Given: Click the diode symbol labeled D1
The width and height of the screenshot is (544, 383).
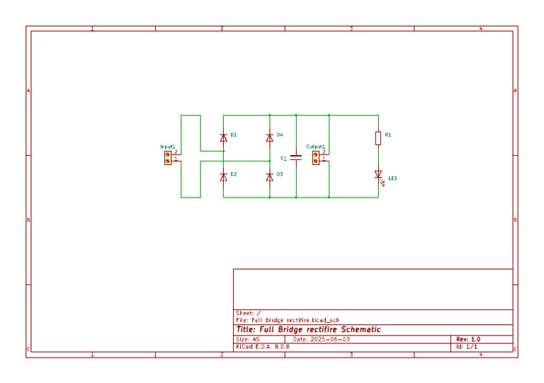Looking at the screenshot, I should tap(224, 137).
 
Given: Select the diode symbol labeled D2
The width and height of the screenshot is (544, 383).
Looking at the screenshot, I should tap(224, 177).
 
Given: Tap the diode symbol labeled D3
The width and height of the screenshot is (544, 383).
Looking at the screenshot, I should tap(269, 177).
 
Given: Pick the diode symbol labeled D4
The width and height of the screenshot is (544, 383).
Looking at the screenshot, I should tap(269, 137).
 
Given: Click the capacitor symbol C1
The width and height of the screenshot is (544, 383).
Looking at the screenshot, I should tap(296, 158).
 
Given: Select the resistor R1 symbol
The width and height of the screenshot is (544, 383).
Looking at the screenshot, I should tap(378, 137).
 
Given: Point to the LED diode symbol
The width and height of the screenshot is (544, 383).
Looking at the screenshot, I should tap(378, 175).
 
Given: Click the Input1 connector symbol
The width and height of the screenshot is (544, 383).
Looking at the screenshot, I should tap(168, 156).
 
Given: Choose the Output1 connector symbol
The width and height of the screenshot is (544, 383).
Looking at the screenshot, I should tap(316, 156).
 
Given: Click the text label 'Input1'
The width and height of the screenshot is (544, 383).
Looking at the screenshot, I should tap(168, 146).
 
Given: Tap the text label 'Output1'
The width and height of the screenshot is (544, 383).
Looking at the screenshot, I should tap(315, 146).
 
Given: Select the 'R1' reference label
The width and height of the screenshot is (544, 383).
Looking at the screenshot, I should tap(388, 135).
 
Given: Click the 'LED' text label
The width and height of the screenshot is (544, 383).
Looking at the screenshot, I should tap(392, 178).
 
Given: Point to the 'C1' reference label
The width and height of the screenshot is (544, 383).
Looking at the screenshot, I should tap(283, 159).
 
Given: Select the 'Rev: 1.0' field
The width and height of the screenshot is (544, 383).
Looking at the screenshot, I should tap(468, 339).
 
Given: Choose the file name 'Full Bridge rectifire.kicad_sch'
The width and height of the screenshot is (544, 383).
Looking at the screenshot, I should tap(299, 321).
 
